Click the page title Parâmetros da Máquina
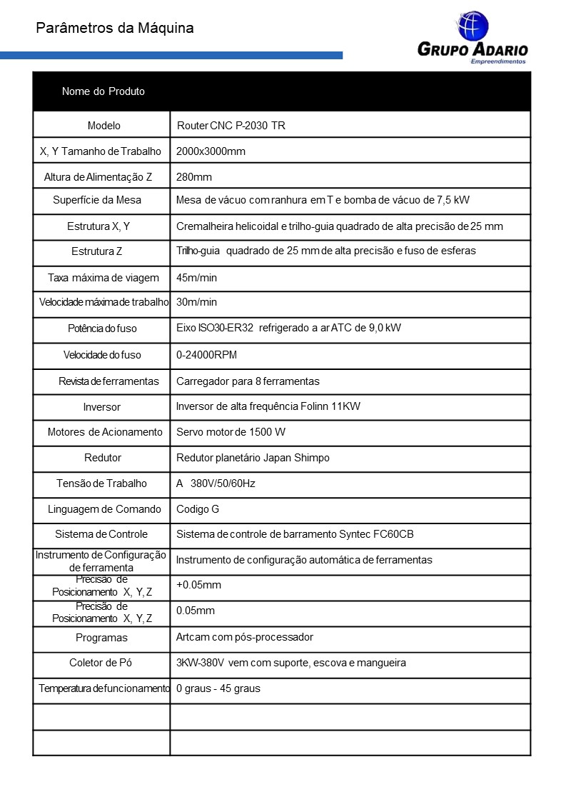(115, 29)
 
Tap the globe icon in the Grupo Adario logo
(472, 27)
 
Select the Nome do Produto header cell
(103, 91)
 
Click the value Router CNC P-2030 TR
(231, 126)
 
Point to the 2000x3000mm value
(211, 151)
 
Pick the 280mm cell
(194, 177)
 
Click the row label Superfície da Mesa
(97, 200)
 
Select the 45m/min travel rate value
(196, 278)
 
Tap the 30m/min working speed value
(196, 302)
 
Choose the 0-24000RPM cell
(206, 355)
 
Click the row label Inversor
(102, 407)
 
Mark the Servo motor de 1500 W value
(231, 432)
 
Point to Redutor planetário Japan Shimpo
(253, 458)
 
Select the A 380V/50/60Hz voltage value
(216, 483)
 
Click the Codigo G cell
(198, 509)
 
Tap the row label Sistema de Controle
(101, 534)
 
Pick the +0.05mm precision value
(198, 586)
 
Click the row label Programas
(102, 638)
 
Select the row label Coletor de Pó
(101, 663)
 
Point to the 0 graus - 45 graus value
(218, 689)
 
